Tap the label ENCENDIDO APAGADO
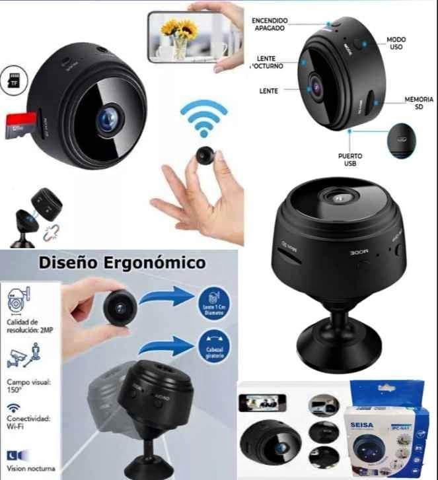click(270, 25)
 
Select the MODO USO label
click(396, 44)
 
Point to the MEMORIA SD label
click(418, 103)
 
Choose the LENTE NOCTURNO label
click(267, 63)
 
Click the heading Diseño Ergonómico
click(122, 263)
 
